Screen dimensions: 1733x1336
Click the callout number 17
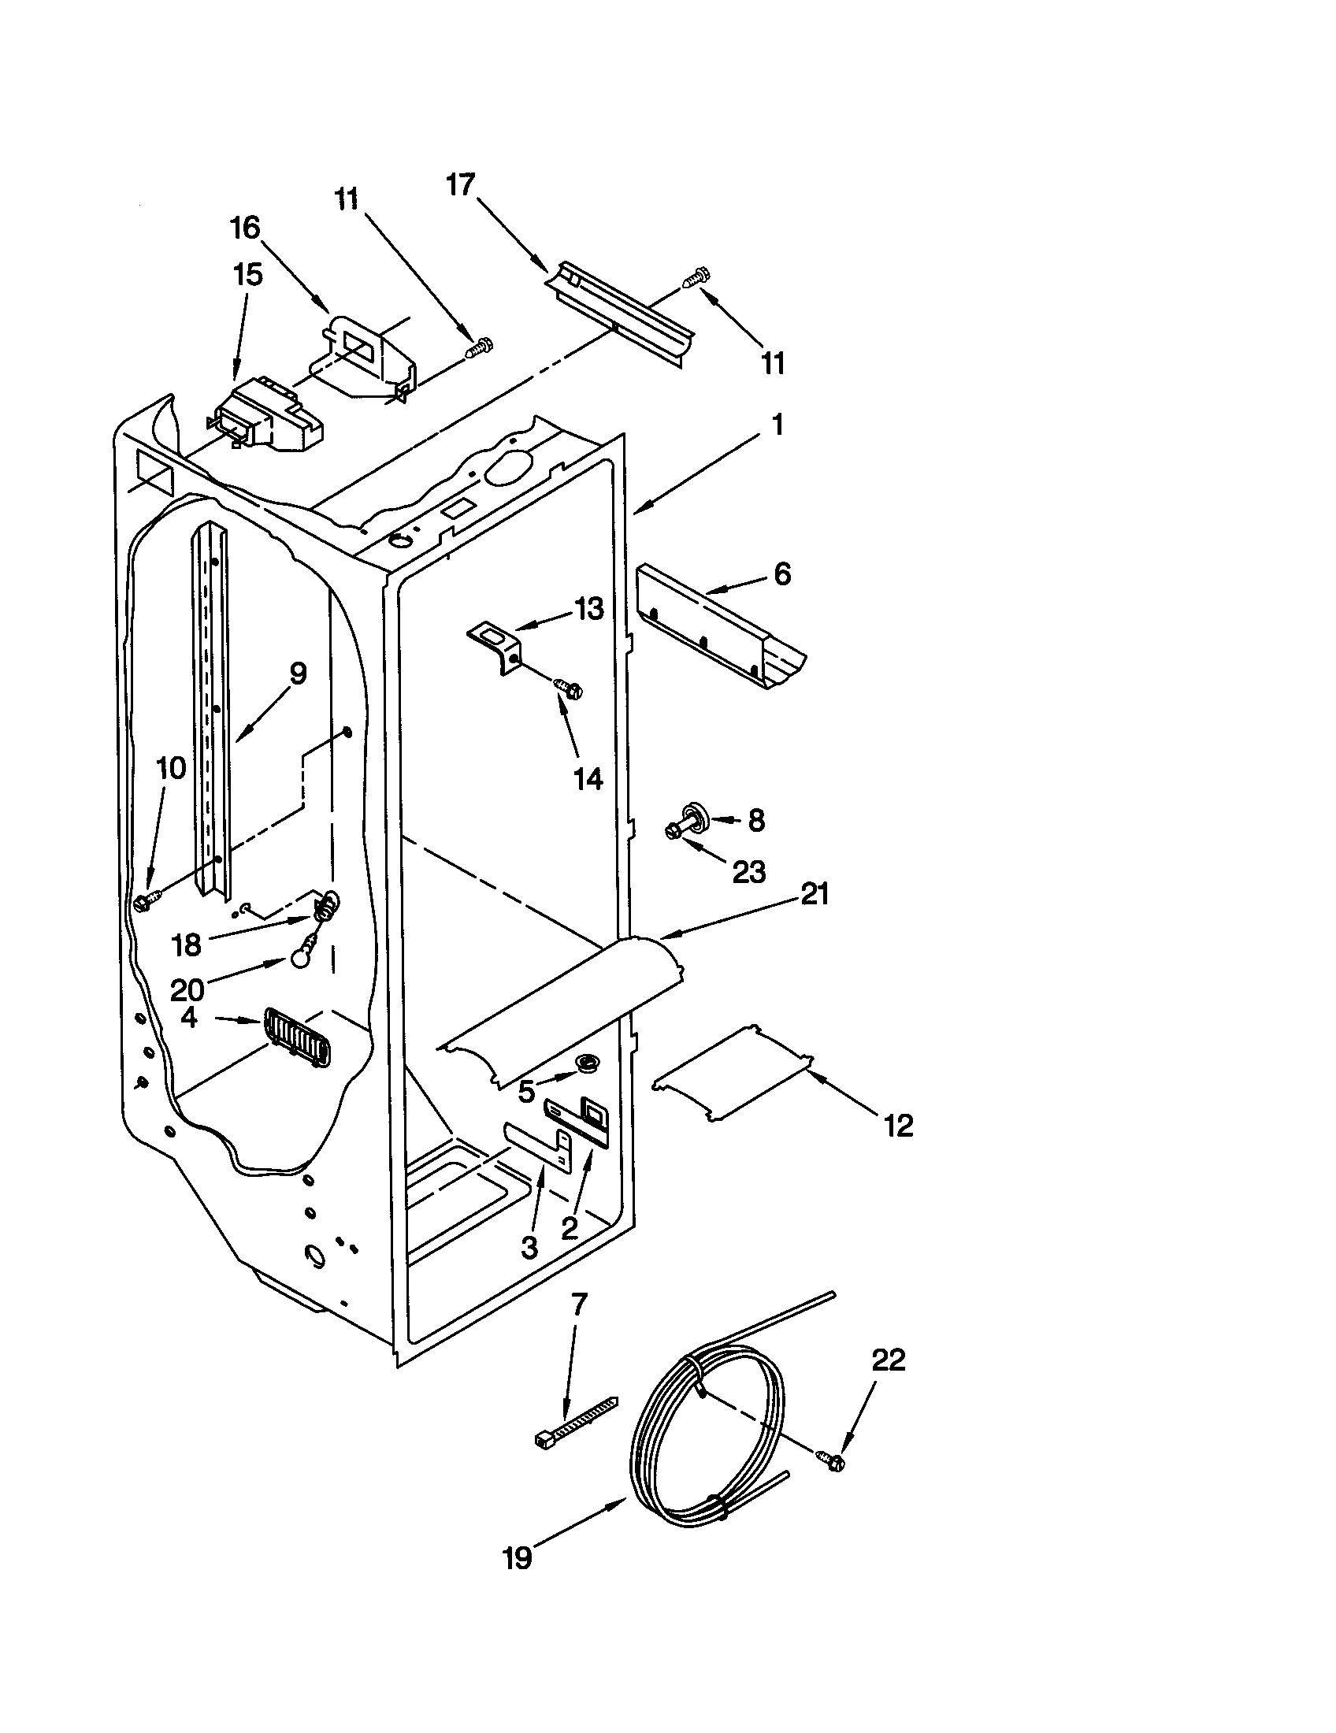[460, 185]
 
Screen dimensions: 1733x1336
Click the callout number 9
[297, 674]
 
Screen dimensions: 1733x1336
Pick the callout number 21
[815, 894]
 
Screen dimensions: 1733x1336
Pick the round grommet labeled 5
[587, 1063]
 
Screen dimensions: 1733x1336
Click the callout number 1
[777, 425]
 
